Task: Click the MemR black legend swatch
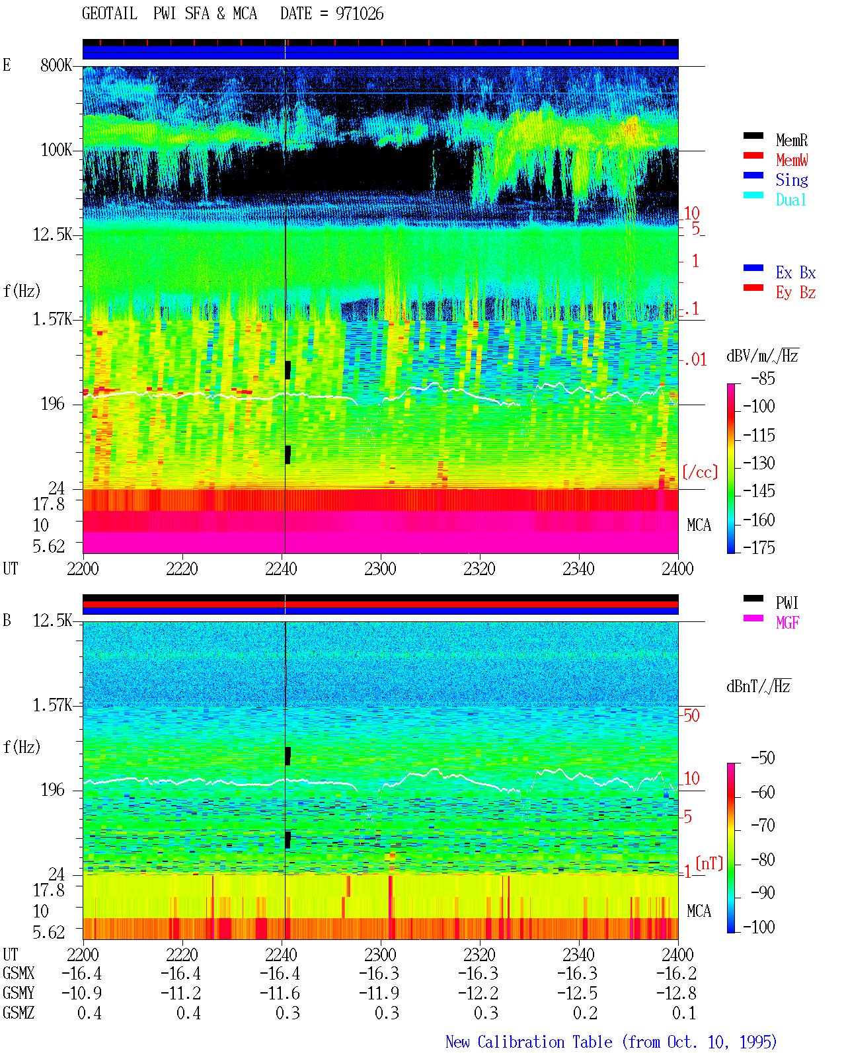[753, 136]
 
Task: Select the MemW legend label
[792, 160]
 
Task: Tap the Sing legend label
[791, 180]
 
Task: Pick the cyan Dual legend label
[790, 200]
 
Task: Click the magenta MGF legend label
[787, 623]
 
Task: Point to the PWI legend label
[787, 602]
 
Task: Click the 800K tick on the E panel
[56, 65]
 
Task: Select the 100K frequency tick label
[56, 150]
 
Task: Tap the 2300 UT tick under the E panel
[380, 568]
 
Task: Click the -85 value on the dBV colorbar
[763, 378]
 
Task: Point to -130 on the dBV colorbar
[759, 463]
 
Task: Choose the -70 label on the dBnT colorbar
[763, 825]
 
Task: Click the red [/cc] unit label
[700, 472]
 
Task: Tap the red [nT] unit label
[709, 863]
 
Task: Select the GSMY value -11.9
[379, 993]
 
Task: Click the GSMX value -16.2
[676, 973]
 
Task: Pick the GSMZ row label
[19, 1013]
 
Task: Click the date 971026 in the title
[360, 14]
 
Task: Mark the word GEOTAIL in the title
[110, 13]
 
